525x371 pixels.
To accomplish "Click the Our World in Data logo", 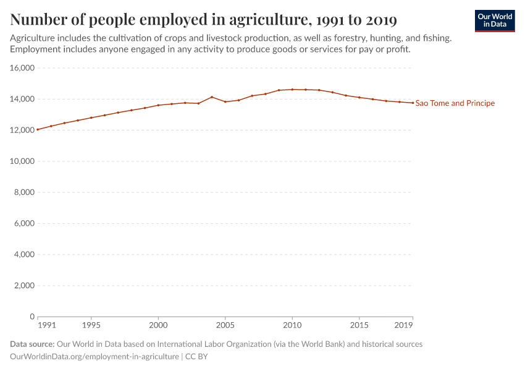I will (x=495, y=21).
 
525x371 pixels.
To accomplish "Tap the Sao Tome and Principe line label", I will (x=455, y=103).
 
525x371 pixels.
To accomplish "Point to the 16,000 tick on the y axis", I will (x=22, y=68).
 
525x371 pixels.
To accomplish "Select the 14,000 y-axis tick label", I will (x=22, y=99).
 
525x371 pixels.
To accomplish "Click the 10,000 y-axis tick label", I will (x=22, y=161).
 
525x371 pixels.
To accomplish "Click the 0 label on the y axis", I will (x=32, y=317).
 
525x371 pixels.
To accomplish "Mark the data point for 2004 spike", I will (x=212, y=97).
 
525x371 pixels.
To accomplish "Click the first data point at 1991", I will (x=38, y=129).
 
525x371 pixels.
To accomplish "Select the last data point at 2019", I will (x=413, y=103).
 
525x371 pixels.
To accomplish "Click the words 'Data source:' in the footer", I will (x=32, y=344).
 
